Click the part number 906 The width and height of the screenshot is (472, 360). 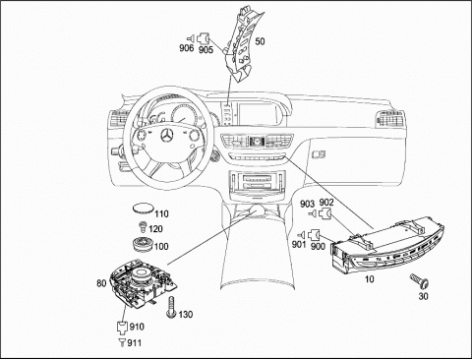point(186,48)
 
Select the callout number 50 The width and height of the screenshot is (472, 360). point(260,41)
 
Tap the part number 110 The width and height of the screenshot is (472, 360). point(162,214)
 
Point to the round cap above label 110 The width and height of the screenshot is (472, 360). point(144,209)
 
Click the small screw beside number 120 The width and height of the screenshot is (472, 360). point(143,226)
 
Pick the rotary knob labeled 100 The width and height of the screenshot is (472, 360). point(144,244)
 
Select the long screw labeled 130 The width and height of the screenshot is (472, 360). point(171,307)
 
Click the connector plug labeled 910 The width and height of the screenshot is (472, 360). point(122,327)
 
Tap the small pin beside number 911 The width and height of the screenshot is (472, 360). point(122,342)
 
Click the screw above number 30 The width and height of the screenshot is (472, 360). point(419,280)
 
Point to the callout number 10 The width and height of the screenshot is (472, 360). point(370,279)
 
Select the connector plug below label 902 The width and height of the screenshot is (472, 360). point(324,214)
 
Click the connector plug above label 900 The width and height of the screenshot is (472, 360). point(314,235)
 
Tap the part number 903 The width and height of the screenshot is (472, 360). point(307,204)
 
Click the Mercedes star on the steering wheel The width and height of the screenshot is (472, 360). point(168,135)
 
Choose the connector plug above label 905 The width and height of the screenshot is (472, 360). point(205,38)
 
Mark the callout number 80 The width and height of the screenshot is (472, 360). point(101,283)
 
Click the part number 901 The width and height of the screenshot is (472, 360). point(299,244)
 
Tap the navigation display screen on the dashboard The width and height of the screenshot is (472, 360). point(259,114)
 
